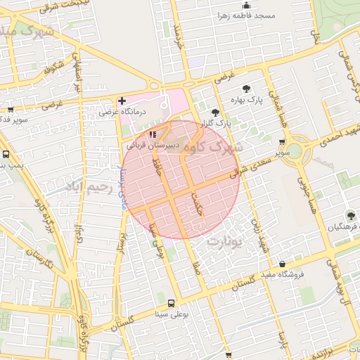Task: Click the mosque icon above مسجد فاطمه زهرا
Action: tap(246, 5)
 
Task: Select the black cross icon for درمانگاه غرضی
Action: tap(122, 101)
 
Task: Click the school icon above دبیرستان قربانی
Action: tap(153, 134)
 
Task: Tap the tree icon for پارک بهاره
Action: tap(246, 89)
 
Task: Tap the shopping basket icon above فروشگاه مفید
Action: tap(282, 264)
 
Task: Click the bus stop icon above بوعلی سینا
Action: tap(171, 303)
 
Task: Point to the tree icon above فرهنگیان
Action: tap(350, 215)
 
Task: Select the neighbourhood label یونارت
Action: tap(225, 240)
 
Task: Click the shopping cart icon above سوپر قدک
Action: tap(10, 109)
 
